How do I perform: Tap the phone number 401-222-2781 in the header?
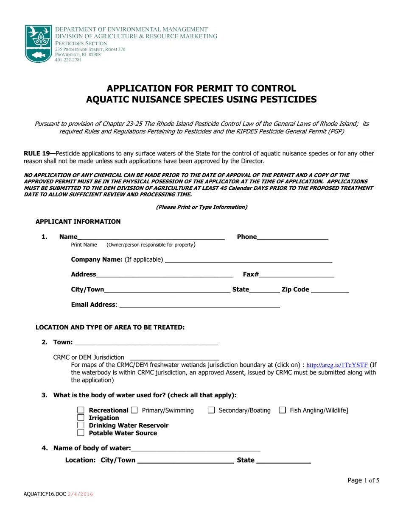pyautogui.click(x=68, y=60)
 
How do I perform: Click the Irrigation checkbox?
pyautogui.click(x=81, y=418)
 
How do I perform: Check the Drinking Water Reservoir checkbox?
pyautogui.click(x=81, y=425)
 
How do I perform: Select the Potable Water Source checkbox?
pyautogui.click(x=81, y=433)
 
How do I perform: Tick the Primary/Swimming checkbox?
pyautogui.click(x=134, y=410)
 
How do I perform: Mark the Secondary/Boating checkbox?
pyautogui.click(x=211, y=410)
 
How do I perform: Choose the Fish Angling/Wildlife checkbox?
pyautogui.click(x=283, y=410)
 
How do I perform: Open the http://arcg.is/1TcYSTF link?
pyautogui.click(x=337, y=365)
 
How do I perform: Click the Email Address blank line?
pyautogui.click(x=199, y=305)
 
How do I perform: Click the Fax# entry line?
pyautogui.click(x=297, y=274)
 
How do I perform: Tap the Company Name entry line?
pyautogui.click(x=248, y=260)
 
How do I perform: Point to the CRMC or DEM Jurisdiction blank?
pyautogui.click(x=174, y=357)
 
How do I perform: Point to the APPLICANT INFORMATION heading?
pyautogui.click(x=78, y=222)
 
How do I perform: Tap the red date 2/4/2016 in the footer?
pyautogui.click(x=80, y=494)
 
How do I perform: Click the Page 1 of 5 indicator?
pyautogui.click(x=363, y=480)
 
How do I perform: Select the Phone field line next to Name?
pyautogui.click(x=292, y=237)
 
